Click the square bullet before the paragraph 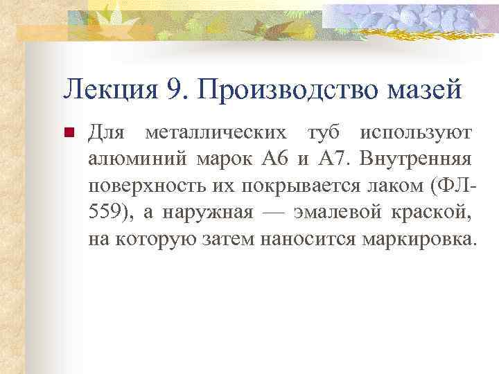(x=68, y=132)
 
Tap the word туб (x=324, y=132)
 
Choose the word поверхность (x=143, y=186)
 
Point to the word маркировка (x=427, y=240)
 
